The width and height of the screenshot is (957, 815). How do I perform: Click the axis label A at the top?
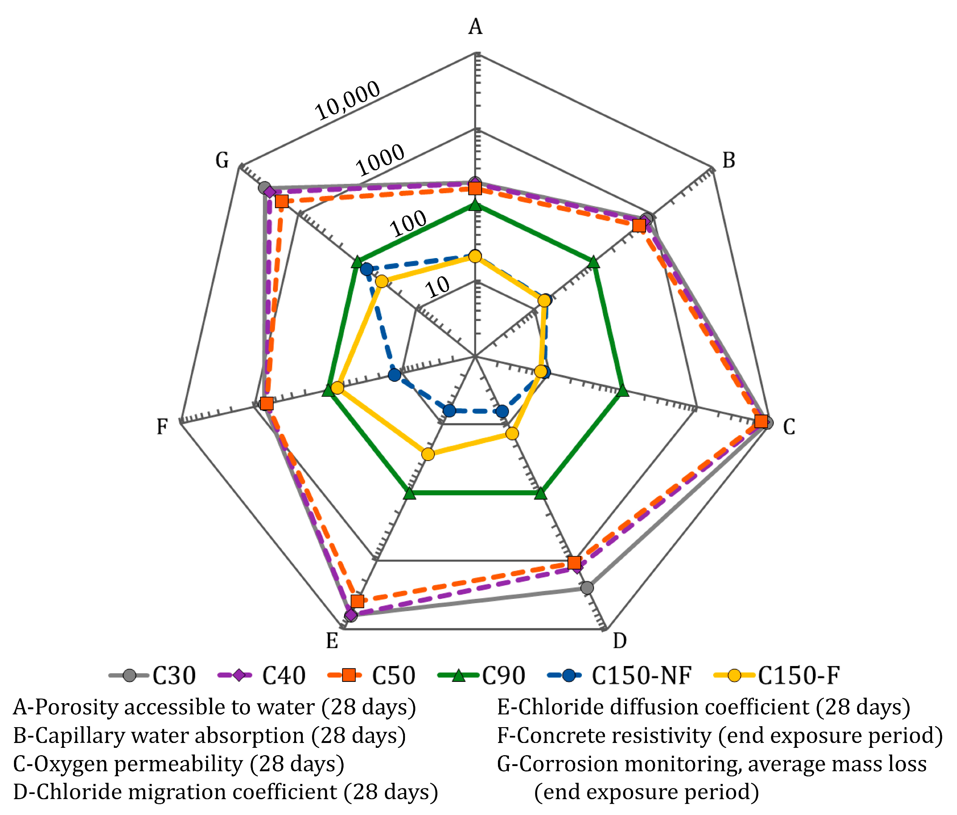[475, 26]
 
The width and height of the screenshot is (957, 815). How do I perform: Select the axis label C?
[789, 427]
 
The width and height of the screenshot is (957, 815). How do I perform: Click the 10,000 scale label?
[347, 100]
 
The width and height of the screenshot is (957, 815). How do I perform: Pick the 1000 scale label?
[380, 160]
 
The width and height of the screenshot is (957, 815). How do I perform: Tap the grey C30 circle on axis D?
[587, 588]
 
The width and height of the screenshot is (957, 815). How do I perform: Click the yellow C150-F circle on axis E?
[428, 454]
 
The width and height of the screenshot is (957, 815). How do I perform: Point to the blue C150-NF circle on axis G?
[367, 269]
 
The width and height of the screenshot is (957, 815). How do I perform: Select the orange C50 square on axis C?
[761, 421]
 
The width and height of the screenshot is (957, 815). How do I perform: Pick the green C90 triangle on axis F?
[328, 391]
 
